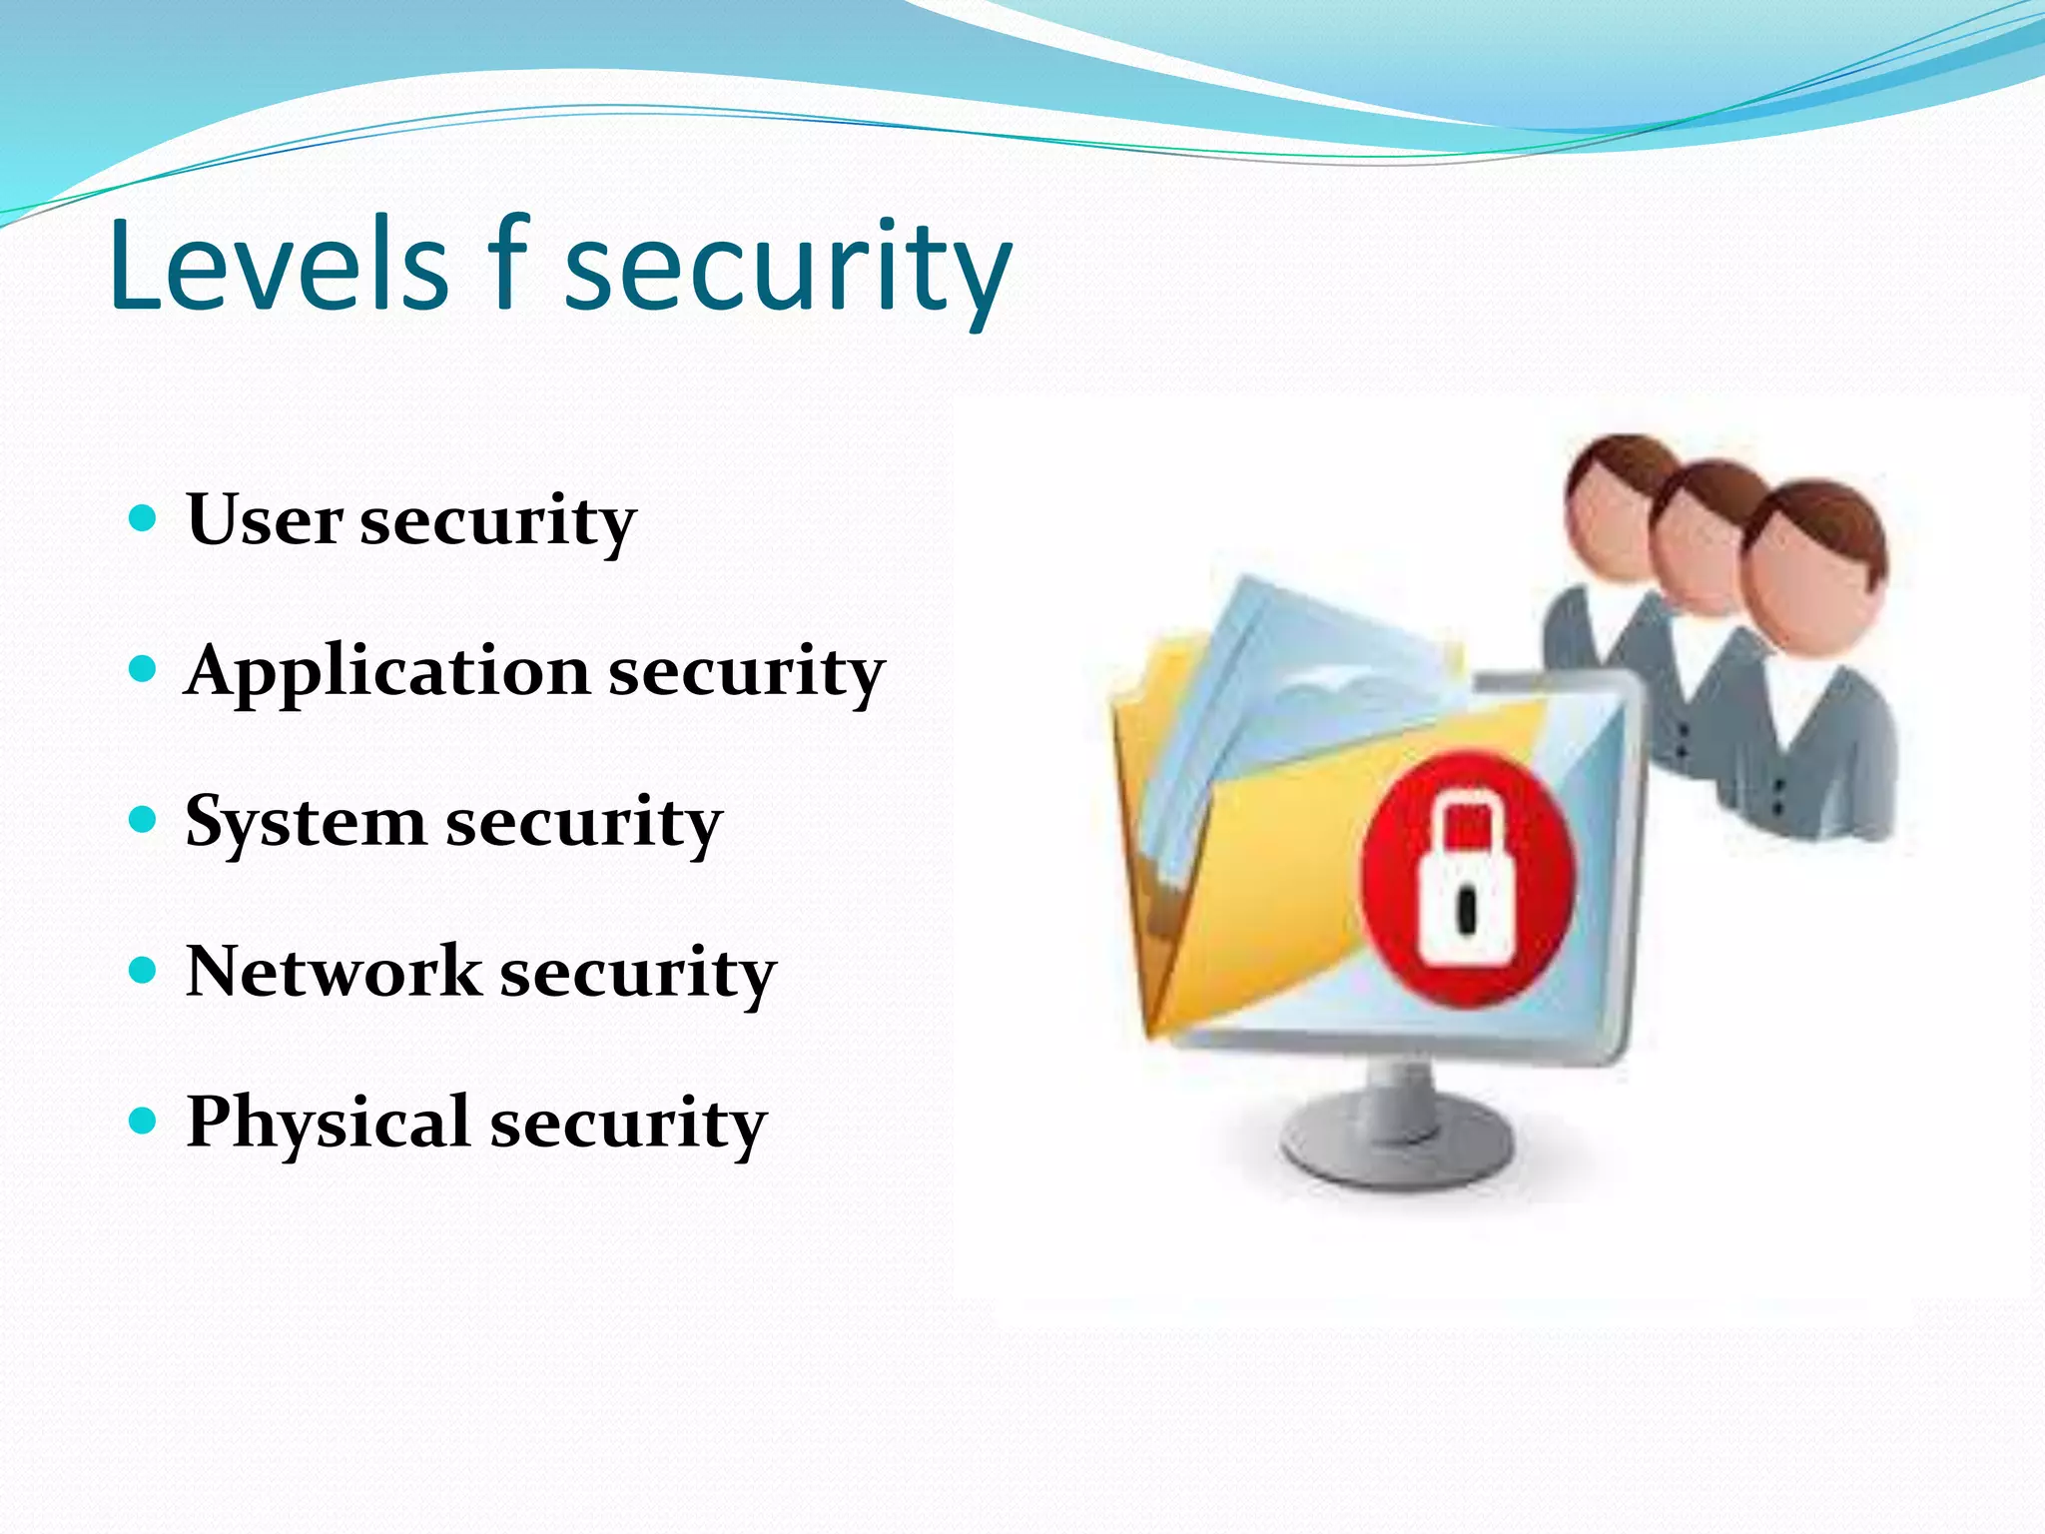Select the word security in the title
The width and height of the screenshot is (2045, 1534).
click(x=788, y=270)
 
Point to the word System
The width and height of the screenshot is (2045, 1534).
click(x=305, y=823)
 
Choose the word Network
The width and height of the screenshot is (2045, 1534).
click(x=333, y=971)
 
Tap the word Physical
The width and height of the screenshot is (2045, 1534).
click(x=328, y=1122)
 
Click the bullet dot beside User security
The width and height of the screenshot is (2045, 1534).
click(x=144, y=518)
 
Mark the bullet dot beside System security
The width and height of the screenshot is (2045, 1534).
click(x=144, y=820)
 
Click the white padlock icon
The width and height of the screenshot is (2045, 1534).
click(x=1464, y=884)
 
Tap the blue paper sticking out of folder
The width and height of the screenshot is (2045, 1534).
click(x=1298, y=679)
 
